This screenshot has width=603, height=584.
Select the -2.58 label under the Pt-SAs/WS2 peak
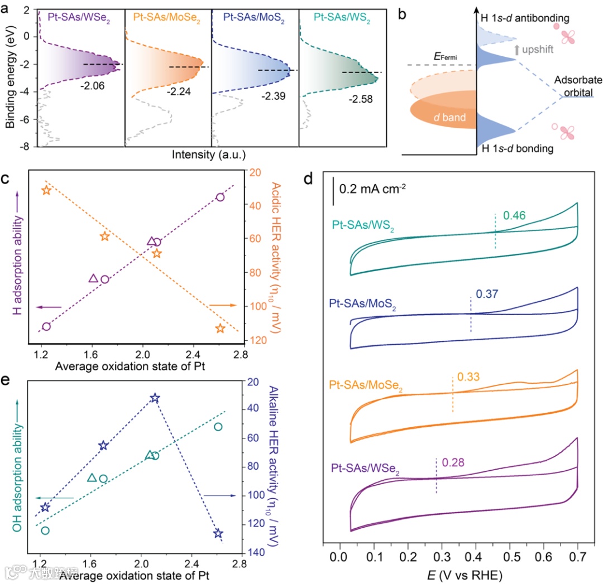pyautogui.click(x=360, y=100)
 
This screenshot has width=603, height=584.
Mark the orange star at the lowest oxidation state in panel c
pyautogui.click(x=46, y=191)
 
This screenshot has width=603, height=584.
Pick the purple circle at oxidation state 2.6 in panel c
pyautogui.click(x=220, y=197)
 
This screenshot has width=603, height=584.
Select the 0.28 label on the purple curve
pyautogui.click(x=453, y=462)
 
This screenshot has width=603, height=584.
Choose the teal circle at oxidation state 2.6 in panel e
pyautogui.click(x=218, y=427)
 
